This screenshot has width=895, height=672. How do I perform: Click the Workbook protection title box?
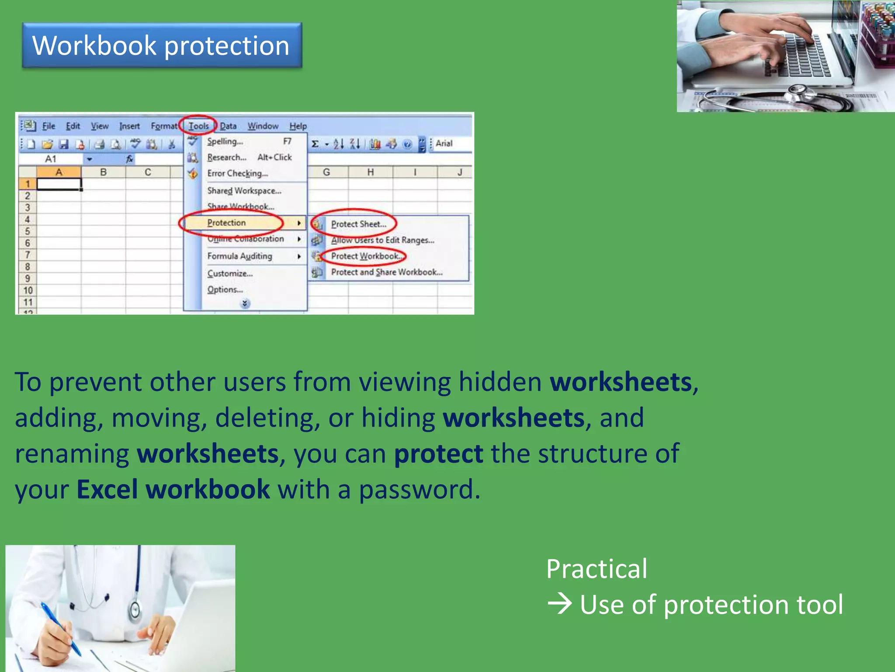162,45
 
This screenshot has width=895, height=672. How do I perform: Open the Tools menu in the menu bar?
198,126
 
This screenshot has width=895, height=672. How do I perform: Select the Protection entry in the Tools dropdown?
226,223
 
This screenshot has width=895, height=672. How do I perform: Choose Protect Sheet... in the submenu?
358,224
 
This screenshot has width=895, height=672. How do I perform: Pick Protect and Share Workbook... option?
386,272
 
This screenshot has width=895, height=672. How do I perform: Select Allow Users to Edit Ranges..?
382,240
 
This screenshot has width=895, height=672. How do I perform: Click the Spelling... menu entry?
225,141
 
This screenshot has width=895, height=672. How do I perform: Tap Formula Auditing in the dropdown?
239,256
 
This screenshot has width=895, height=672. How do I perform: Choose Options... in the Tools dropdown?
225,290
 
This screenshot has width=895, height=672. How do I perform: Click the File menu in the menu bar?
49,126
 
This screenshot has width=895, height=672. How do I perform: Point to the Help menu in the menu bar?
298,126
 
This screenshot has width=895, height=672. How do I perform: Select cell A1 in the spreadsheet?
59,184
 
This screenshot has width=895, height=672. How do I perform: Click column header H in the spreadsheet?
370,172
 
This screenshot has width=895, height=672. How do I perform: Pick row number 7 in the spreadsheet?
28,255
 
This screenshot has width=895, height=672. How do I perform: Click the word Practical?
597,569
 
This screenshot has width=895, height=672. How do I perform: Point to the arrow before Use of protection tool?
559,604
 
